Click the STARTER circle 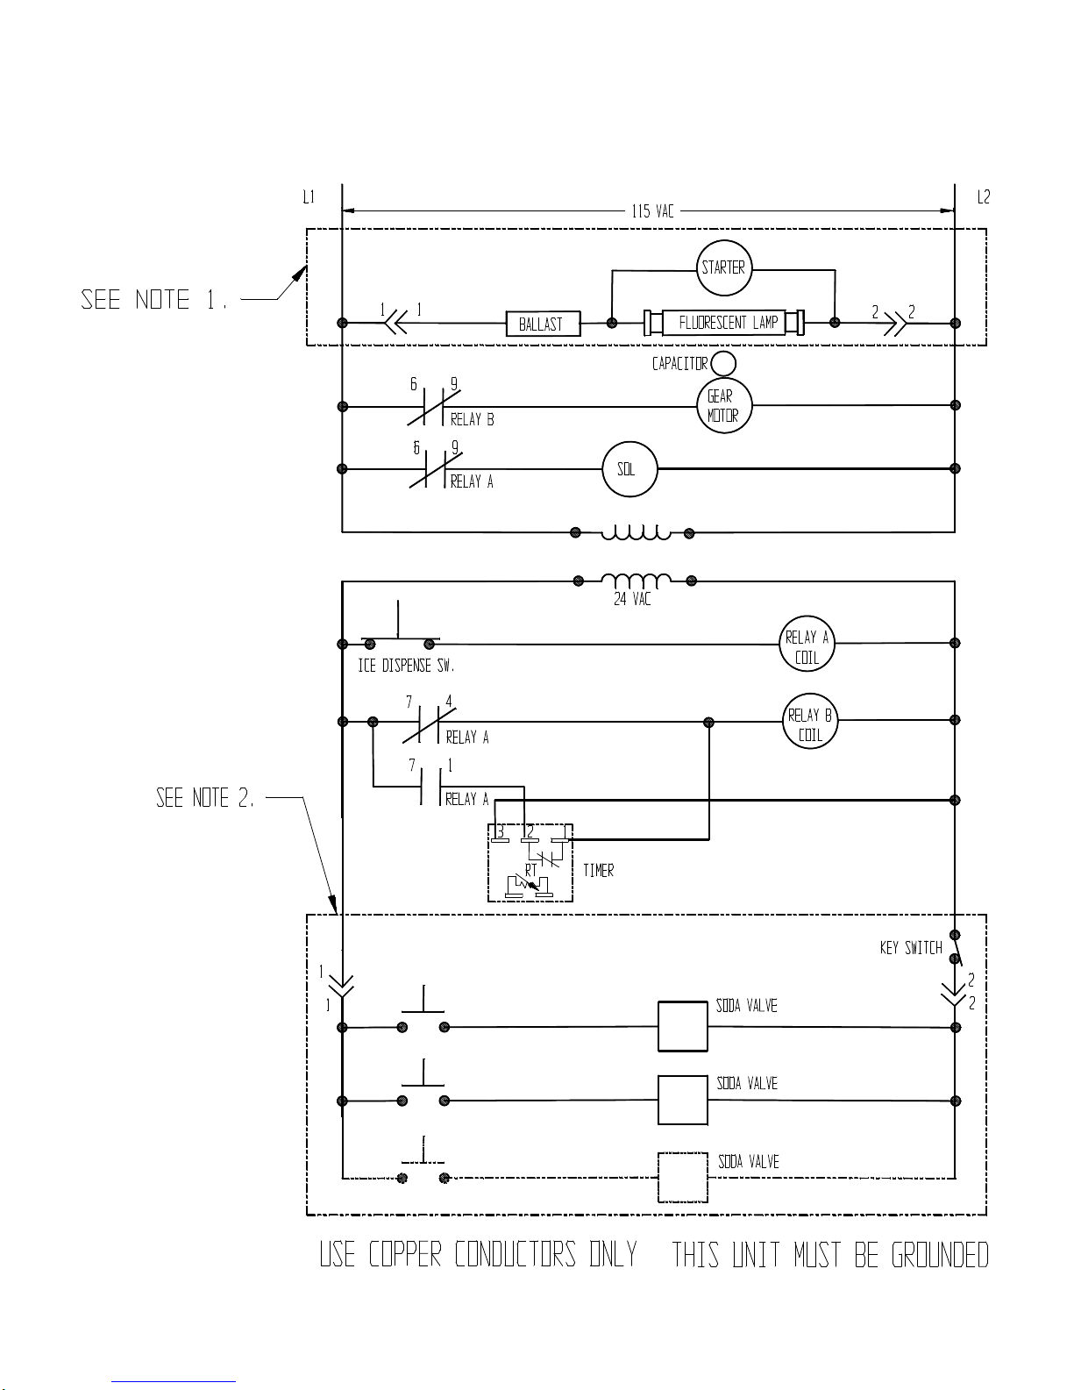[723, 267]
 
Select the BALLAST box [543, 324]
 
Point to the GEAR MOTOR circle [723, 406]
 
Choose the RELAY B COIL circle [809, 724]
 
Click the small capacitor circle [723, 363]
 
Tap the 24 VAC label [632, 600]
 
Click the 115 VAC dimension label [653, 211]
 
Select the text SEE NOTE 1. [155, 300]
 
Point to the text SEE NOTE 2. [206, 798]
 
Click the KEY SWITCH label [911, 948]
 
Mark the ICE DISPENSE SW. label [406, 666]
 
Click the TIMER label [598, 871]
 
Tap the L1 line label [309, 197]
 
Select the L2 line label [984, 197]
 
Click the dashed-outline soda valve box [682, 1178]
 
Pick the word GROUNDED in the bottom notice [940, 1256]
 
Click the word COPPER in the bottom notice [405, 1256]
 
